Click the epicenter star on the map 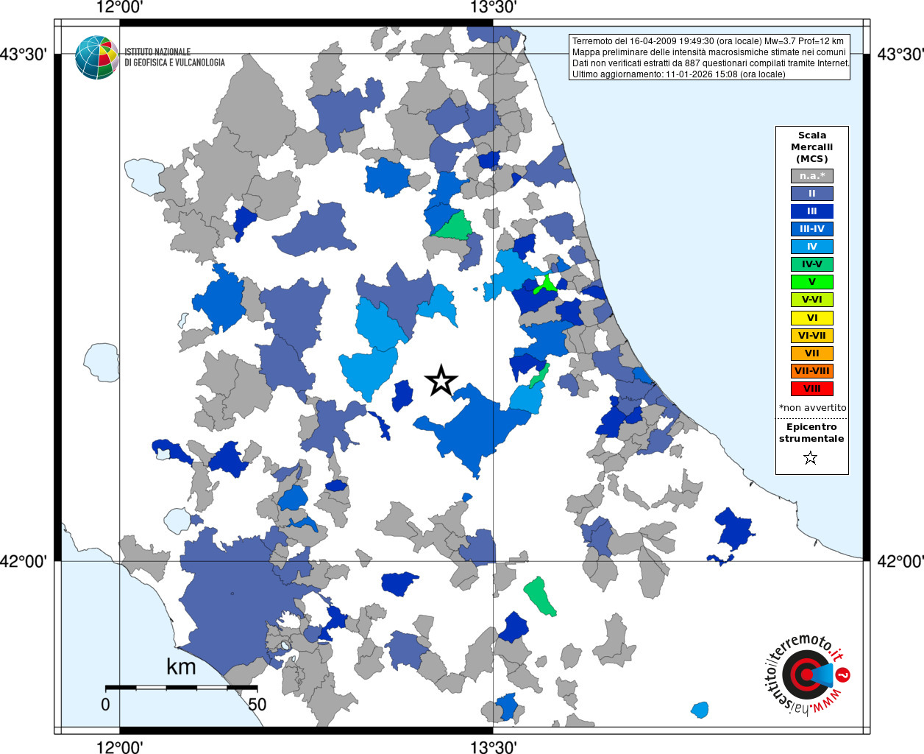(441, 381)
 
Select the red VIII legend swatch (811, 389)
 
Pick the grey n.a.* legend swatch (811, 176)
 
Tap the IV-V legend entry (811, 264)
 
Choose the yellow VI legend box (811, 318)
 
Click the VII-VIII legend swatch (811, 371)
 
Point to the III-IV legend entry (811, 229)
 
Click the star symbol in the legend (811, 458)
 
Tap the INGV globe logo (96, 57)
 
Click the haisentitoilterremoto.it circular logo (807, 674)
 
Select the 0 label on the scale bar (105, 705)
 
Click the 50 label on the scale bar (257, 705)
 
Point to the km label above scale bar (181, 667)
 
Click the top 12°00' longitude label (119, 7)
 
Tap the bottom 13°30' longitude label (493, 747)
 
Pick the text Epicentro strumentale (811, 432)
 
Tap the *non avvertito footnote (812, 407)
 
